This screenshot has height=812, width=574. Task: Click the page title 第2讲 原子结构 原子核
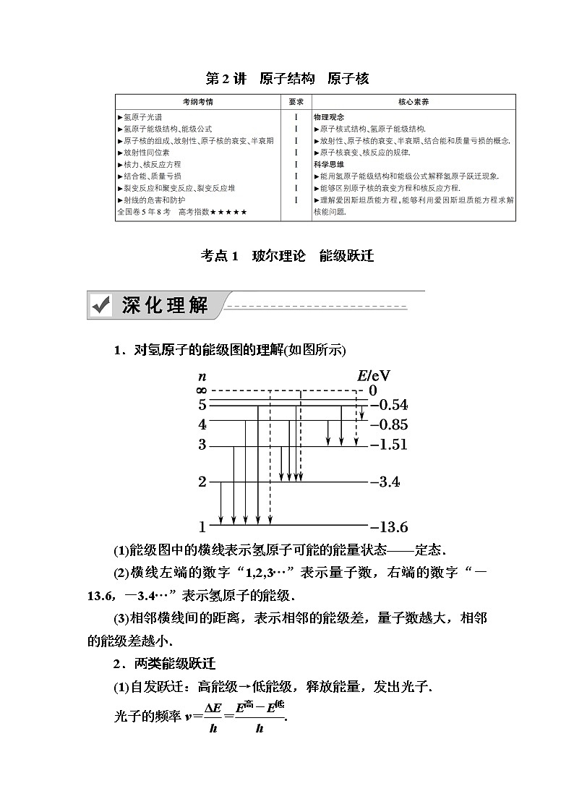pos(287,79)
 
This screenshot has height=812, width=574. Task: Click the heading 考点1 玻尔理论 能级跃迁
pos(287,256)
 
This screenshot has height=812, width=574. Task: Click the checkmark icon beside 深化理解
pos(100,306)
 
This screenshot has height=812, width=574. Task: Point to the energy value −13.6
pos(389,526)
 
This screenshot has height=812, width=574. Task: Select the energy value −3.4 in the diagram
pos(385,482)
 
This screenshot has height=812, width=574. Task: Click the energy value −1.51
pos(389,445)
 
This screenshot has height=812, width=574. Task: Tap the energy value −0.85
pos(389,424)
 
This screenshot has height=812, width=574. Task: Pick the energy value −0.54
pos(389,405)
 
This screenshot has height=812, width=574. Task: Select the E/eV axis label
pos(374,375)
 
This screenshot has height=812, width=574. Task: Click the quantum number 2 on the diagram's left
pos(202,482)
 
